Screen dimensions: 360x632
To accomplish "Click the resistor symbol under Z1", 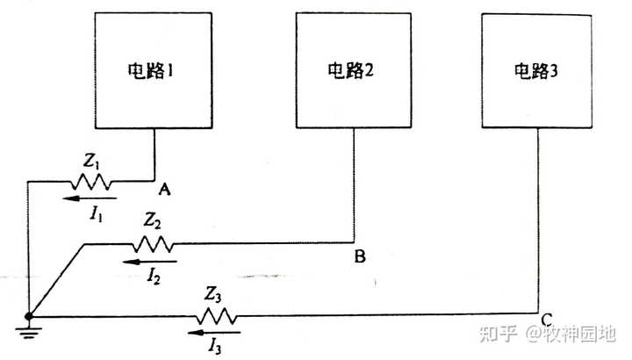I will [x=90, y=183].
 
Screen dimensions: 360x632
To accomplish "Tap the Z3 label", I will [x=214, y=294].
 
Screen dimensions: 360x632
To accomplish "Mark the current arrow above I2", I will [x=150, y=261].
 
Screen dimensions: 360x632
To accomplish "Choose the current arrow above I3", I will [x=214, y=334].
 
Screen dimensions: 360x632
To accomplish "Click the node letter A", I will [x=163, y=189].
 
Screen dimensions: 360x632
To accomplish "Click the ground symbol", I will [x=29, y=330].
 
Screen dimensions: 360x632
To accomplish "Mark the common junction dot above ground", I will [x=29, y=315].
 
